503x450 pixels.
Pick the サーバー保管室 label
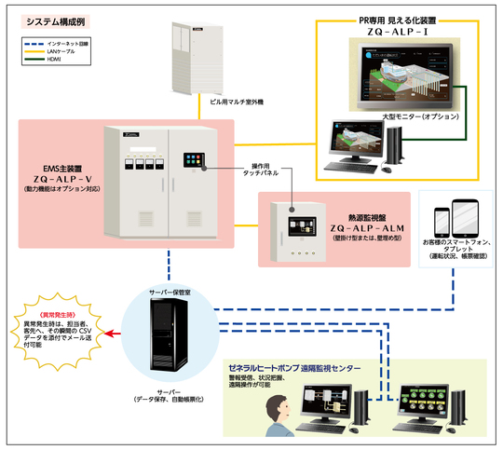[173, 290]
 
